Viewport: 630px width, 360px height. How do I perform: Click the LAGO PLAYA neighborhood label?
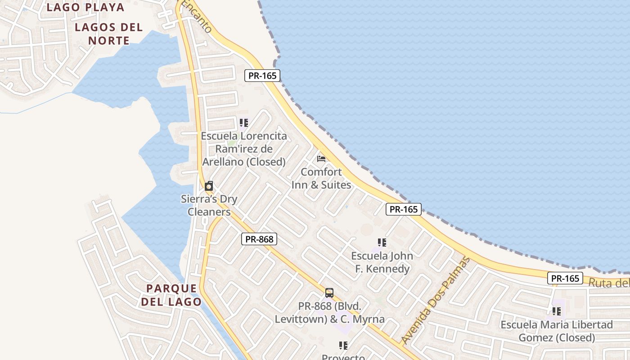point(85,7)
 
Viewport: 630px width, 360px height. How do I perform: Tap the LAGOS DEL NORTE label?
point(109,34)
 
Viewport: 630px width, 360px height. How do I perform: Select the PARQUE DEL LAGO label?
point(171,295)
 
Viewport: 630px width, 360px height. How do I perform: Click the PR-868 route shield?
point(259,239)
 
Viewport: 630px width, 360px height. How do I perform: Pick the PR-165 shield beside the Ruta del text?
point(565,278)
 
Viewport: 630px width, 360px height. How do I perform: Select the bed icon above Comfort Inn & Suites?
point(321,158)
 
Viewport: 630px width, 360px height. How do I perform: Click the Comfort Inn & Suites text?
point(321,178)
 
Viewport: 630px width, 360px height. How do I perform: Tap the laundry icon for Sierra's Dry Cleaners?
point(209,186)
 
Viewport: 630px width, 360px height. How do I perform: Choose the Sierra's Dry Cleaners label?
point(209,205)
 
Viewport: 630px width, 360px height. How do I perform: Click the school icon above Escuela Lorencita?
point(244,122)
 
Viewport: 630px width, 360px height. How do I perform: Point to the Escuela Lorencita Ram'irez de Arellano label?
point(243,148)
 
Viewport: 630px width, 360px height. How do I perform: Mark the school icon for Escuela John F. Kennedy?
point(382,243)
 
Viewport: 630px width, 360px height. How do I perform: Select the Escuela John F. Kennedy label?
point(382,262)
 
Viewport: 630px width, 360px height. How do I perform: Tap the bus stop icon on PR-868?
point(329,293)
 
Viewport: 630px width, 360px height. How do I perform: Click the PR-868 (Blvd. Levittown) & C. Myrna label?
point(329,313)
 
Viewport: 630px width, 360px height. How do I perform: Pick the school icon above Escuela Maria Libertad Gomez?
point(557,311)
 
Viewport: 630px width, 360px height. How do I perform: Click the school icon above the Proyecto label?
point(343,345)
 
